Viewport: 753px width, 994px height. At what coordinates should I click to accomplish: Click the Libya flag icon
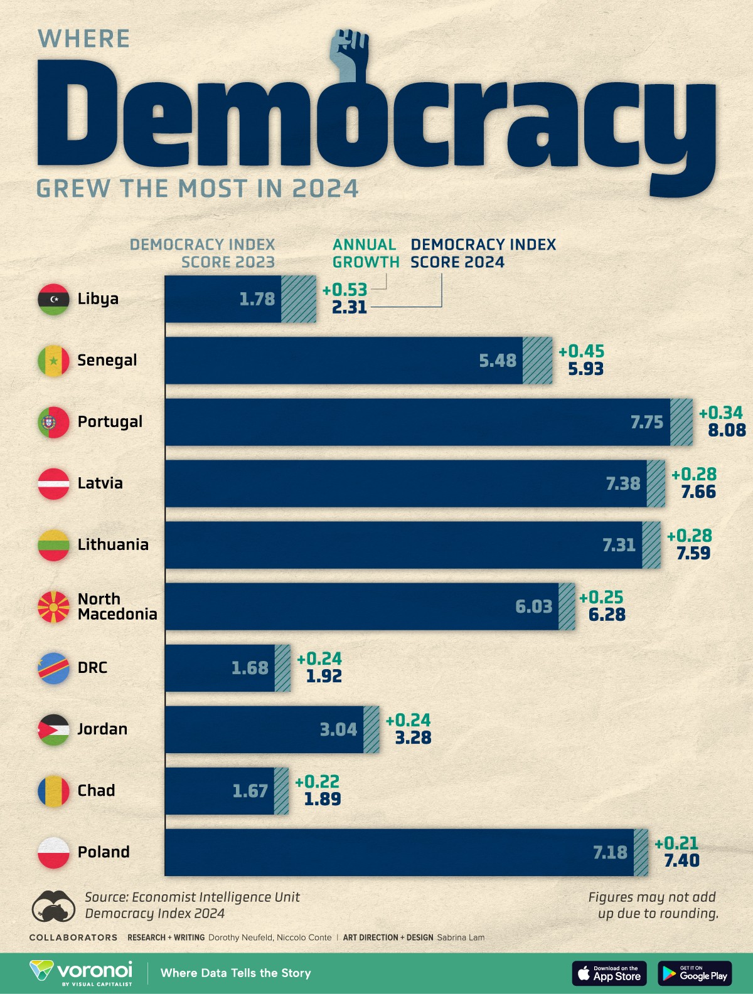pyautogui.click(x=53, y=299)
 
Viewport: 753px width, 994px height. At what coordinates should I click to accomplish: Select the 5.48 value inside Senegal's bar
pyautogui.click(x=498, y=361)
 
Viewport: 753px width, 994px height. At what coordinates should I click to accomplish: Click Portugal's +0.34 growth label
pyautogui.click(x=720, y=413)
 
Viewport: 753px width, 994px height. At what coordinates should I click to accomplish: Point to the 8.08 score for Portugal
pyautogui.click(x=727, y=430)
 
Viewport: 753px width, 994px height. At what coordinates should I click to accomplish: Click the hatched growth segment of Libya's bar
pyautogui.click(x=299, y=299)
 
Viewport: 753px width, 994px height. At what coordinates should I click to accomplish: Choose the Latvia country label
pyautogui.click(x=100, y=484)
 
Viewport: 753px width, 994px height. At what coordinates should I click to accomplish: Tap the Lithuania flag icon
pyautogui.click(x=53, y=545)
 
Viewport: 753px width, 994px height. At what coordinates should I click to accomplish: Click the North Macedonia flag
pyautogui.click(x=53, y=606)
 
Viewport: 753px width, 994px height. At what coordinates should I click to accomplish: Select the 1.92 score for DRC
pyautogui.click(x=324, y=676)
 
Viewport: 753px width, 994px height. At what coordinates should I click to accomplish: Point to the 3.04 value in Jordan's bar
pyautogui.click(x=338, y=729)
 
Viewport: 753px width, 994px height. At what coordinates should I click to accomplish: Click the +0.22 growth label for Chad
pyautogui.click(x=317, y=781)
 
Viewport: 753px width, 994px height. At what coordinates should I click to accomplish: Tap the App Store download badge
pyautogui.click(x=609, y=973)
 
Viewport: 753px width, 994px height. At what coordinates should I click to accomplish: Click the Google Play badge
pyautogui.click(x=695, y=973)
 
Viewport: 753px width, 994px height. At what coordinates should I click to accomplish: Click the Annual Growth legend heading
pyautogui.click(x=365, y=253)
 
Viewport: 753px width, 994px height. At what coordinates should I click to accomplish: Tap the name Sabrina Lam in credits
pyautogui.click(x=461, y=938)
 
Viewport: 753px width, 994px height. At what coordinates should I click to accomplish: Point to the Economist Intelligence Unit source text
pyautogui.click(x=192, y=897)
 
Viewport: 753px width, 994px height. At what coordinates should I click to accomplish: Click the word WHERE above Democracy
pyautogui.click(x=83, y=39)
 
